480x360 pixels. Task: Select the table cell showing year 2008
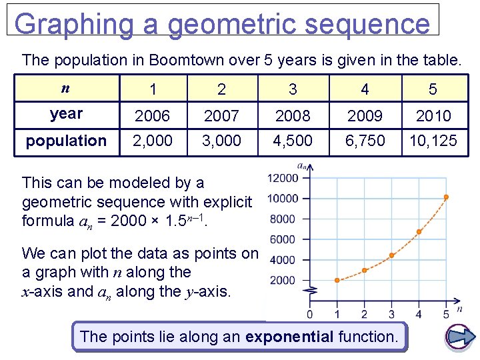tap(293, 116)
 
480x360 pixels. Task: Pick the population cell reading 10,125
tap(433, 141)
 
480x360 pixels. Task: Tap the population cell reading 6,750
tap(365, 141)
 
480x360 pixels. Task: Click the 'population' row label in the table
tap(66, 141)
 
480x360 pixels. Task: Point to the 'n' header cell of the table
tap(65, 88)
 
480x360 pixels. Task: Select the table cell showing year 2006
tap(153, 116)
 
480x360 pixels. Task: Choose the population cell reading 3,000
tap(221, 141)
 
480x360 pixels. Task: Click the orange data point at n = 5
tap(446, 197)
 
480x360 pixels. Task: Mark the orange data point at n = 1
tap(337, 280)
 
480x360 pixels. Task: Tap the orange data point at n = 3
tap(391, 255)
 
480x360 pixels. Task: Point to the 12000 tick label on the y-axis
tap(282, 177)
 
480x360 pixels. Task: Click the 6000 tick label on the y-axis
tap(282, 239)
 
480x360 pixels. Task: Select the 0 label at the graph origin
tap(310, 314)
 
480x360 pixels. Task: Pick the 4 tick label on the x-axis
tap(419, 314)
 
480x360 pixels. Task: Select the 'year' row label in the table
tap(66, 114)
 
